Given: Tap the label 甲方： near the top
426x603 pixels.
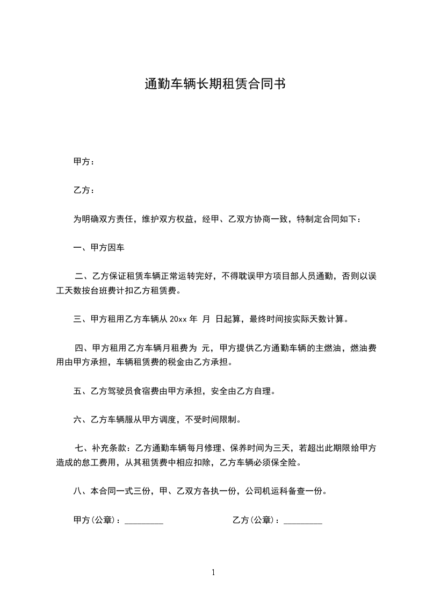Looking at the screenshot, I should pyautogui.click(x=84, y=161).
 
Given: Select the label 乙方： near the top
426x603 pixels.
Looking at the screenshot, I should pyautogui.click(x=84, y=190).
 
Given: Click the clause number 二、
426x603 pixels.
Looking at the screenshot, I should pyautogui.click(x=83, y=277).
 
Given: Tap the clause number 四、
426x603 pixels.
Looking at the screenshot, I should pyautogui.click(x=83, y=348).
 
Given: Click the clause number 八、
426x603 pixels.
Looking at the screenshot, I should pyautogui.click(x=82, y=491).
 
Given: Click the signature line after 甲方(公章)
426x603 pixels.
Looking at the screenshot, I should pyautogui.click(x=143, y=521).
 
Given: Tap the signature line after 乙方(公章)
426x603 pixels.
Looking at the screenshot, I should pyautogui.click(x=302, y=521).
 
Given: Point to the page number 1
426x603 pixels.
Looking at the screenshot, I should pyautogui.click(x=213, y=572).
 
